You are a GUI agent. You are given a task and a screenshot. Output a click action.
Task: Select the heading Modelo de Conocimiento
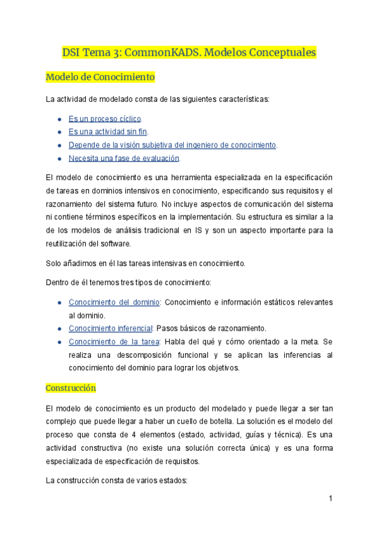pyautogui.click(x=100, y=78)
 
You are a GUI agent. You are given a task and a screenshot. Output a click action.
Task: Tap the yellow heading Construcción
pyautogui.click(x=71, y=387)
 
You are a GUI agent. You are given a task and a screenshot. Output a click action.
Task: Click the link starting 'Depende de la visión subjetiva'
pyautogui.click(x=172, y=145)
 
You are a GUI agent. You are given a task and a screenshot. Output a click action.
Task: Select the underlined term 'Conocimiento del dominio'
pyautogui.click(x=114, y=302)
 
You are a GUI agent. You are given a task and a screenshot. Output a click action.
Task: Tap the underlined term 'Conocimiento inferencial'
pyautogui.click(x=111, y=329)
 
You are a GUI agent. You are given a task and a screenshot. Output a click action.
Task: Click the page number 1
pyautogui.click(x=330, y=499)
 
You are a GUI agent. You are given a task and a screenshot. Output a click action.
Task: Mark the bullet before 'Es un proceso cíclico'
pyautogui.click(x=59, y=119)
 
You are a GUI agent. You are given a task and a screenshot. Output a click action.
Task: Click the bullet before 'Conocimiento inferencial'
pyautogui.click(x=59, y=329)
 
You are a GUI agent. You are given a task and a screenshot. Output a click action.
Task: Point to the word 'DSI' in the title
pyautogui.click(x=73, y=52)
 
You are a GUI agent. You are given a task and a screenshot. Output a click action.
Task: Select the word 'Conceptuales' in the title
pyautogui.click(x=282, y=52)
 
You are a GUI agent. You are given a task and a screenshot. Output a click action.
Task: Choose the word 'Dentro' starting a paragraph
pyautogui.click(x=59, y=282)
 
